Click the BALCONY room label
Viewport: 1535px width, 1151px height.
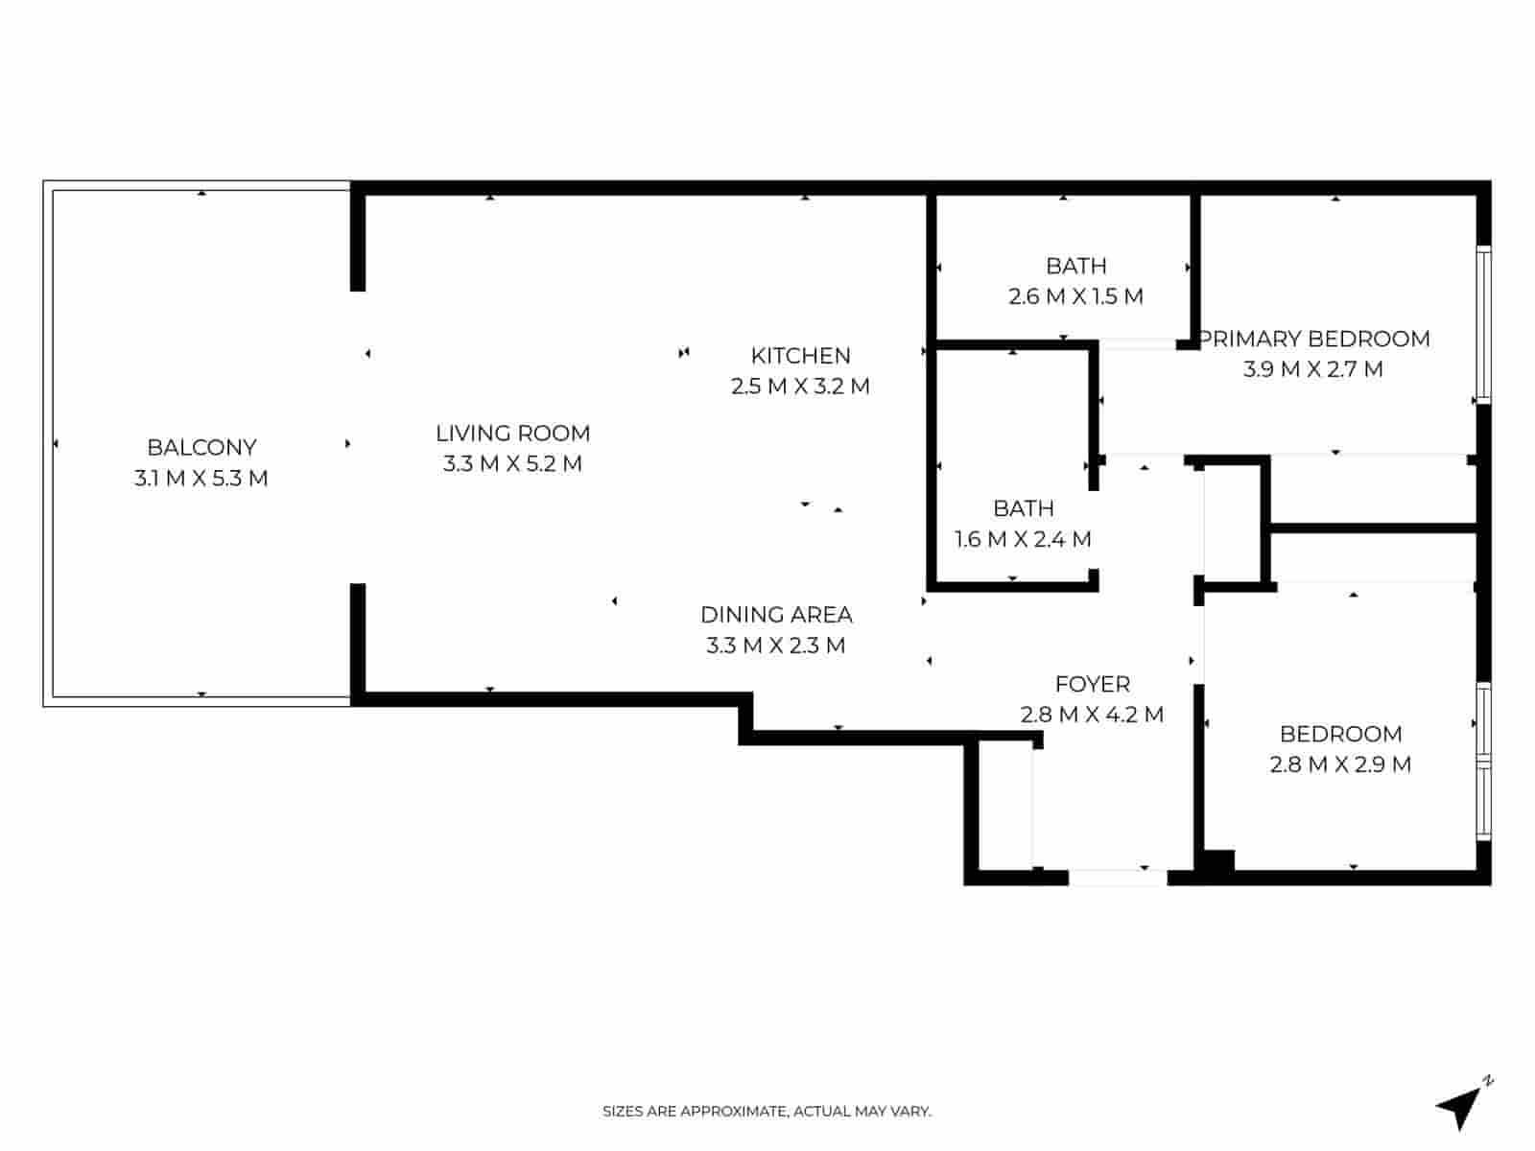[201, 447]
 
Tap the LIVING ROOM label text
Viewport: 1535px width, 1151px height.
[512, 434]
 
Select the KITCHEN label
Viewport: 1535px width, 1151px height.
[800, 356]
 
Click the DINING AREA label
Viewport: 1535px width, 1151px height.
[776, 615]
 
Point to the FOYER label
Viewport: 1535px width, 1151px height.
[1092, 684]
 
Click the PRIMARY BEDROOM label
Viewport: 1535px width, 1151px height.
[1315, 339]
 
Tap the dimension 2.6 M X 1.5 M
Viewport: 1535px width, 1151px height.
[1075, 296]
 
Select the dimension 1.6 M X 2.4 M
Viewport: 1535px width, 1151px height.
[1023, 539]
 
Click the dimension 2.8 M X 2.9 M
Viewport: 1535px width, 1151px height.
[1340, 764]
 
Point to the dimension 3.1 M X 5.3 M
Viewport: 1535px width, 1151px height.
[201, 478]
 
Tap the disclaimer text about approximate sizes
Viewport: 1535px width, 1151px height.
[767, 1112]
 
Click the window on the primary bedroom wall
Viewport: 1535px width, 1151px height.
[1483, 324]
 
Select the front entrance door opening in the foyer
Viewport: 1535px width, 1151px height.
[1118, 877]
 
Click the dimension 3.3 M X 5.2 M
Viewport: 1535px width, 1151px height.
[512, 464]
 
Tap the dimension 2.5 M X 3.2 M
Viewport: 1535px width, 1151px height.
[800, 387]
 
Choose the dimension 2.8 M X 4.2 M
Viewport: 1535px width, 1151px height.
[1092, 715]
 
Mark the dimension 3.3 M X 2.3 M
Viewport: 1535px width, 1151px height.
[776, 646]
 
